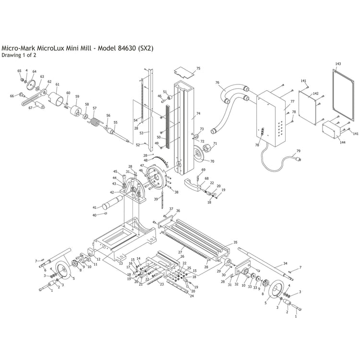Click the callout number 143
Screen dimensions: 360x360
(x=338, y=64)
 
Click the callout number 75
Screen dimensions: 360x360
(x=198, y=69)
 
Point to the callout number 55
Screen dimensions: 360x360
(x=115, y=122)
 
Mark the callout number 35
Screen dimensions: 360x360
(x=235, y=242)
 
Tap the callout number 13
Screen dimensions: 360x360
(x=120, y=264)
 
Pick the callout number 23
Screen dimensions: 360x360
(x=162, y=285)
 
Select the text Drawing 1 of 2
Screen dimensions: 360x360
(x=19, y=55)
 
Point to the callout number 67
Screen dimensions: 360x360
(x=30, y=108)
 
